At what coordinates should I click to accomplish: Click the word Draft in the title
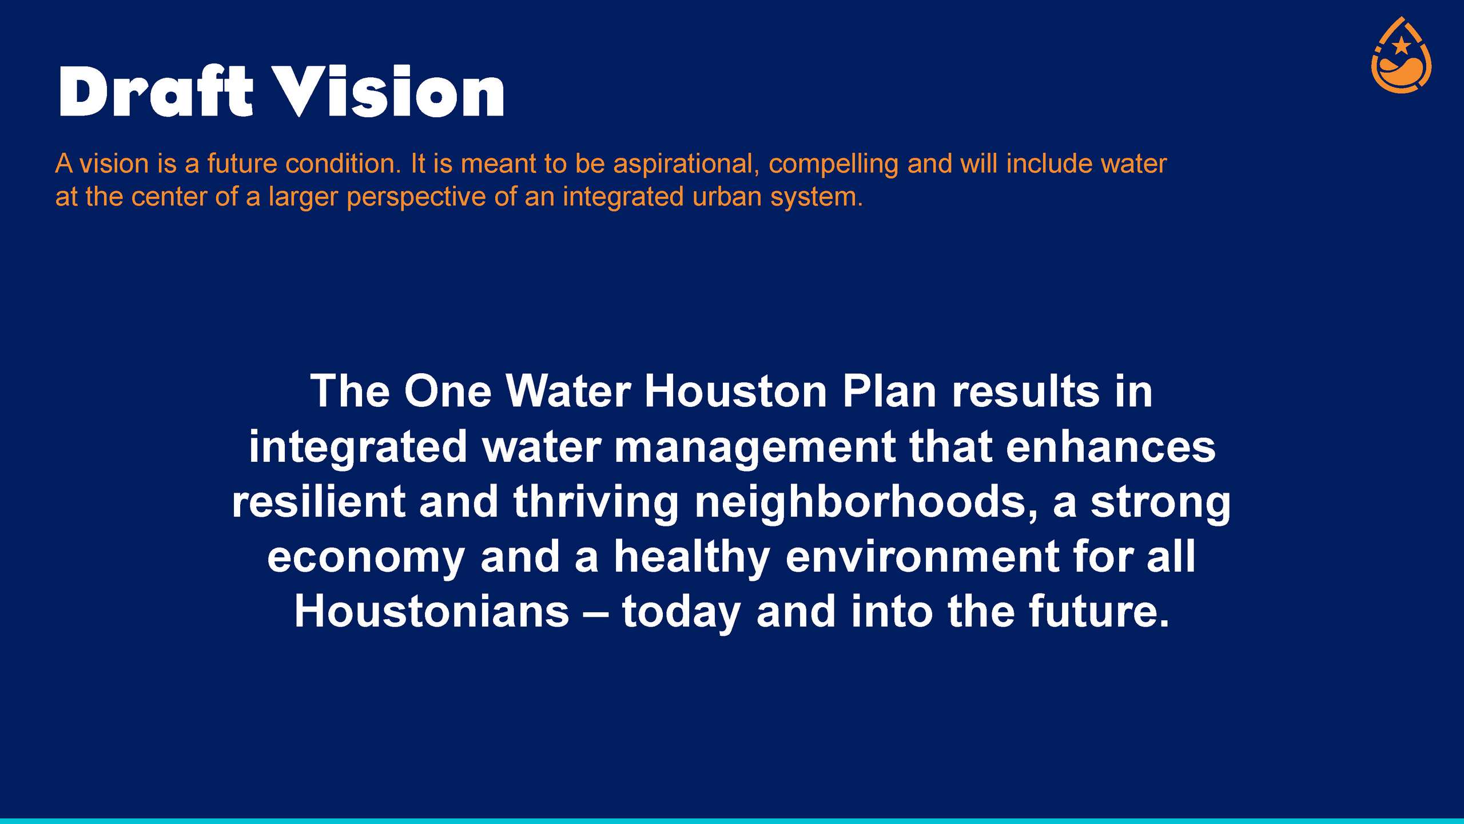[x=155, y=92]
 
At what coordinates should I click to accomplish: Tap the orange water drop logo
[x=1401, y=55]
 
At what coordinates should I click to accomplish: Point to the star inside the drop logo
[x=1401, y=45]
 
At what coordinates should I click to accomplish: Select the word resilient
[x=319, y=501]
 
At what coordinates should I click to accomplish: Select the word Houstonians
[x=432, y=612]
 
